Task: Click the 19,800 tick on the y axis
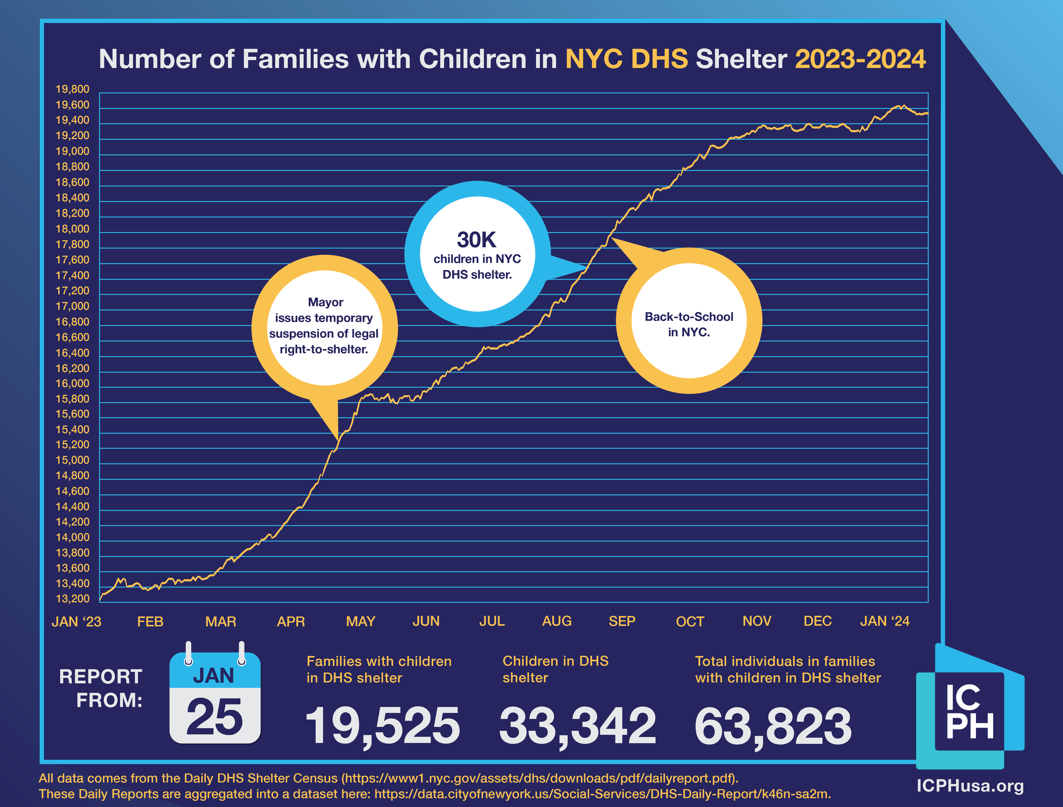(72, 89)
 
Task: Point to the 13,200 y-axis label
(72, 599)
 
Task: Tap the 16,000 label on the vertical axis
(72, 384)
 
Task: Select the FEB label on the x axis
(150, 622)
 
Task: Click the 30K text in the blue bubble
(476, 240)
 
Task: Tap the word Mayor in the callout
(325, 302)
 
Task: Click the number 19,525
(383, 725)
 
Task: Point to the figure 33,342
(577, 725)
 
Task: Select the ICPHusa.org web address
(970, 786)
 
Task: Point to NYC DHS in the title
(626, 59)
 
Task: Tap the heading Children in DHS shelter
(555, 669)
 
